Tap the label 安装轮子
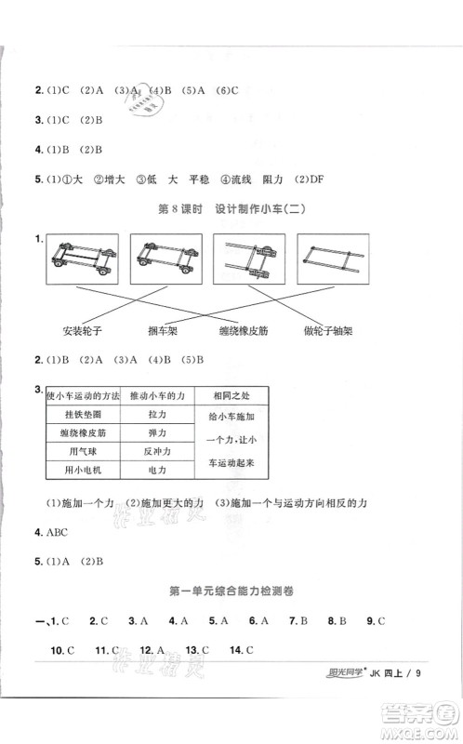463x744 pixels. click(81, 332)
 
